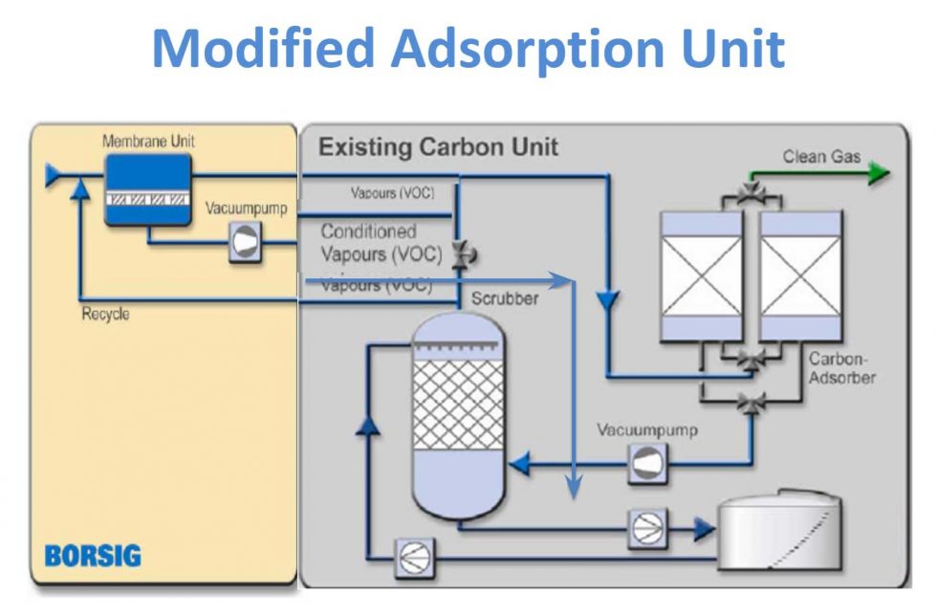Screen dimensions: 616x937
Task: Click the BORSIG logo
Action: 93,556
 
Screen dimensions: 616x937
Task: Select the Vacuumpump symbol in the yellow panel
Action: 244,246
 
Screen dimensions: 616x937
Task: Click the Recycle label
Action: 105,315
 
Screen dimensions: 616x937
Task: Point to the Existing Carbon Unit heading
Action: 438,148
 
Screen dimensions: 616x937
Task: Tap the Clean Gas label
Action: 821,156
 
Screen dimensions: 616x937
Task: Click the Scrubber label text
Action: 505,298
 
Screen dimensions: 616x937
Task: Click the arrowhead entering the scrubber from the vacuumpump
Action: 519,465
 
